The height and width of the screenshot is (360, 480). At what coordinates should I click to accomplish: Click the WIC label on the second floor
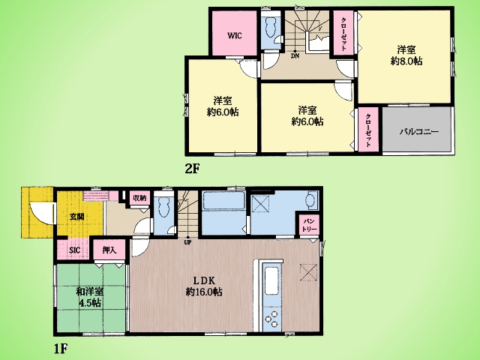coord(235,36)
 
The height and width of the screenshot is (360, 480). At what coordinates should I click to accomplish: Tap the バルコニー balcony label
coord(419,132)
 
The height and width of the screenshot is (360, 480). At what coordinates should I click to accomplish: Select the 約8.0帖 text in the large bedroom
coord(406,61)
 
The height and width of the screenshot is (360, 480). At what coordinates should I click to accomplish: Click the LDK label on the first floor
coord(204,280)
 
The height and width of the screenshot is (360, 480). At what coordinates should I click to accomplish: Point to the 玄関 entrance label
coord(76,217)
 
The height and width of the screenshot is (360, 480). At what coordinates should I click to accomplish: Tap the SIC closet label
coord(74,250)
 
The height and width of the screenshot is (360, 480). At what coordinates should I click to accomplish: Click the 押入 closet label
coord(109,250)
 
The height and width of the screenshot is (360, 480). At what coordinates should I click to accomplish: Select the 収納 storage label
coord(139,198)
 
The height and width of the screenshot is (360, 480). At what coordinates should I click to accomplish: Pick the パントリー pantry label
coord(310,225)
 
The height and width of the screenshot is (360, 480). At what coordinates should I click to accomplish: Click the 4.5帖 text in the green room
coord(90,303)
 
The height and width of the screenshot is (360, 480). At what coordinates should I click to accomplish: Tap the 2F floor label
coord(192,169)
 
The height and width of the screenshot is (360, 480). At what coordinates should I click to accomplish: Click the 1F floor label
coord(60,348)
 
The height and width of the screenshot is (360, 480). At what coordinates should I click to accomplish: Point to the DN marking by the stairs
coord(295,56)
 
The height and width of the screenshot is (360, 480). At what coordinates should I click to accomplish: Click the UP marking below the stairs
coord(187,242)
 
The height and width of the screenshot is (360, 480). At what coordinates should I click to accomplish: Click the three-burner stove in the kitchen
coord(271,317)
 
